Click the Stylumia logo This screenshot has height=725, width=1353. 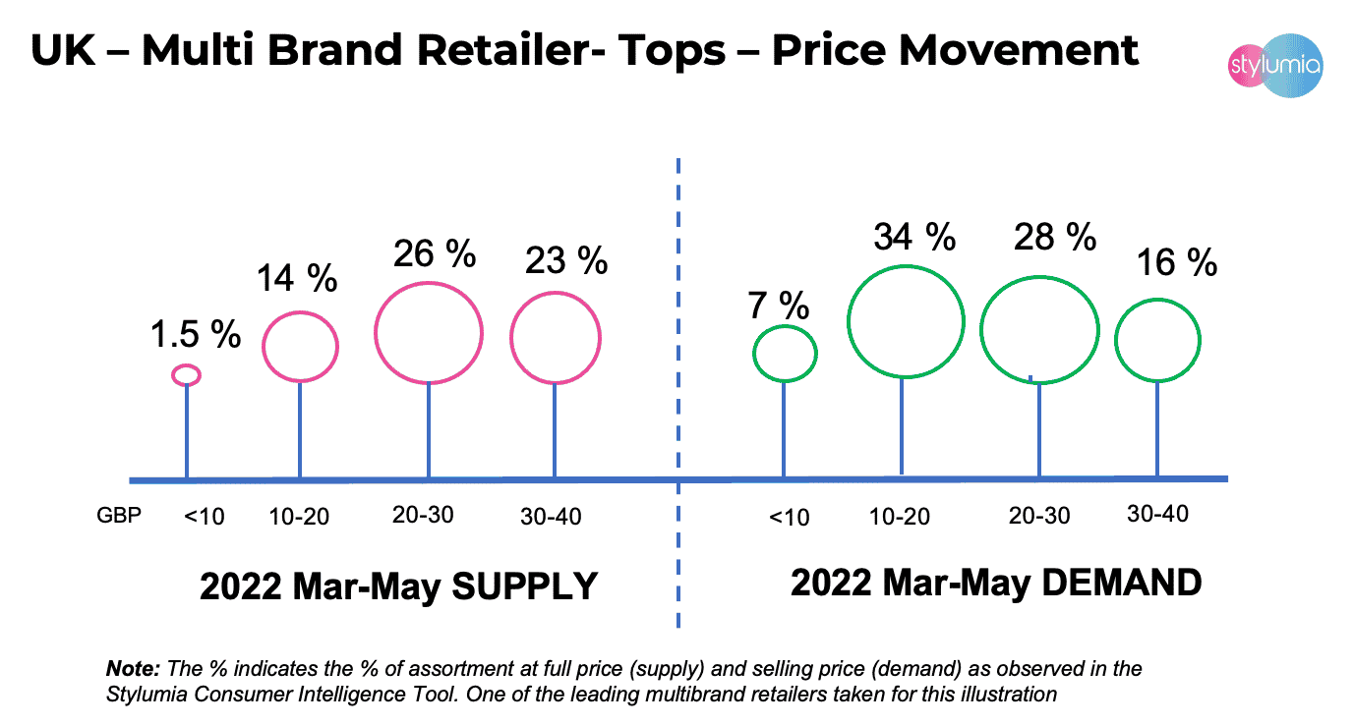(x=1276, y=67)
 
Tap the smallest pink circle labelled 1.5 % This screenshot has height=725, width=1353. (x=187, y=374)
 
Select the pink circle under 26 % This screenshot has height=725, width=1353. (x=429, y=333)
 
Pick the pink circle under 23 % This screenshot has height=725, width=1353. (x=555, y=337)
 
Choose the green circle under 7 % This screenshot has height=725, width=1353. (x=785, y=353)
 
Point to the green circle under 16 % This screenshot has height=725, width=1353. (x=1157, y=340)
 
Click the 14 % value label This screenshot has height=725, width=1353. (x=297, y=279)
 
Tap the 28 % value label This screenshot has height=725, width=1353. (x=1055, y=237)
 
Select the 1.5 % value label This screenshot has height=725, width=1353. (x=196, y=335)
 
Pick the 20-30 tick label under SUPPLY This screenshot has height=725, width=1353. (x=423, y=514)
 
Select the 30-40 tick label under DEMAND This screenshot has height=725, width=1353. (x=1156, y=513)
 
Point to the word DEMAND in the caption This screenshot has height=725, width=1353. (x=1121, y=583)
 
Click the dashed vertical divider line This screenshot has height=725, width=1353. (x=678, y=393)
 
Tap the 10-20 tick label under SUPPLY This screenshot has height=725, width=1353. (x=300, y=516)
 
